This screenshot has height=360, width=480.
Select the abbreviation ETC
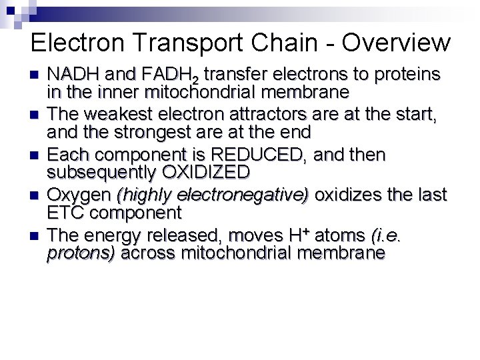tap(65, 213)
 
